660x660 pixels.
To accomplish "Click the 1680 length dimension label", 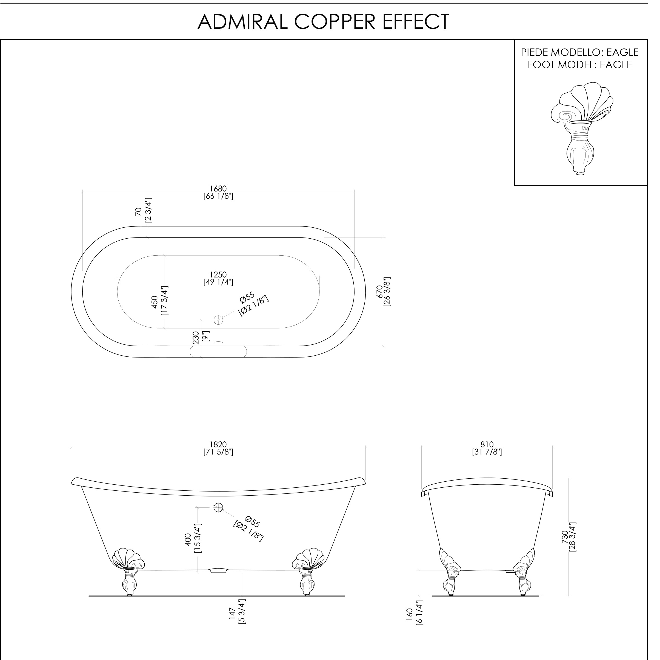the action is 218,188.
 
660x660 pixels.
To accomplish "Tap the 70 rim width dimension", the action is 138,212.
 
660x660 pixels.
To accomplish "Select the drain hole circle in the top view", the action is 218,320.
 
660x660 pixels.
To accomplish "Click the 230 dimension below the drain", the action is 196,338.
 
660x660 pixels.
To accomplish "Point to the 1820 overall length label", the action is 218,444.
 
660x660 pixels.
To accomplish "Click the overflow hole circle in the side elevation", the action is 218,508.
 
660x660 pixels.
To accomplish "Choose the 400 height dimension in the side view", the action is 188,540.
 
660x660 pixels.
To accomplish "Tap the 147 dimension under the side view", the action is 232,614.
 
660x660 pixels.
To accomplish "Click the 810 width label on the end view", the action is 487,444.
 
